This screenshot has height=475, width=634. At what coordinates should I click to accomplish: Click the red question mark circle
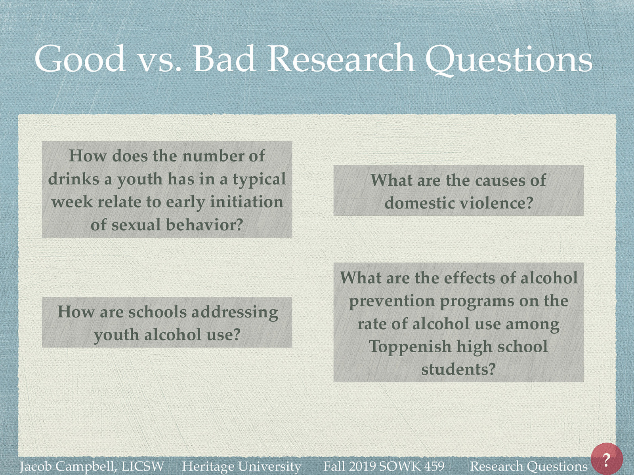607,459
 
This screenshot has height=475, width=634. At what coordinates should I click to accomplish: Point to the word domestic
420,203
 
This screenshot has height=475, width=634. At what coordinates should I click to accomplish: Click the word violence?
497,203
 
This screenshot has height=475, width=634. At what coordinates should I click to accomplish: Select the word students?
458,369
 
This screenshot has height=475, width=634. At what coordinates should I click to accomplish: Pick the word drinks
74,179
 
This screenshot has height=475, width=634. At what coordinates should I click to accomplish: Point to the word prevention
391,301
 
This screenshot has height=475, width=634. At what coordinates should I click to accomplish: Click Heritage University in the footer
241,466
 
